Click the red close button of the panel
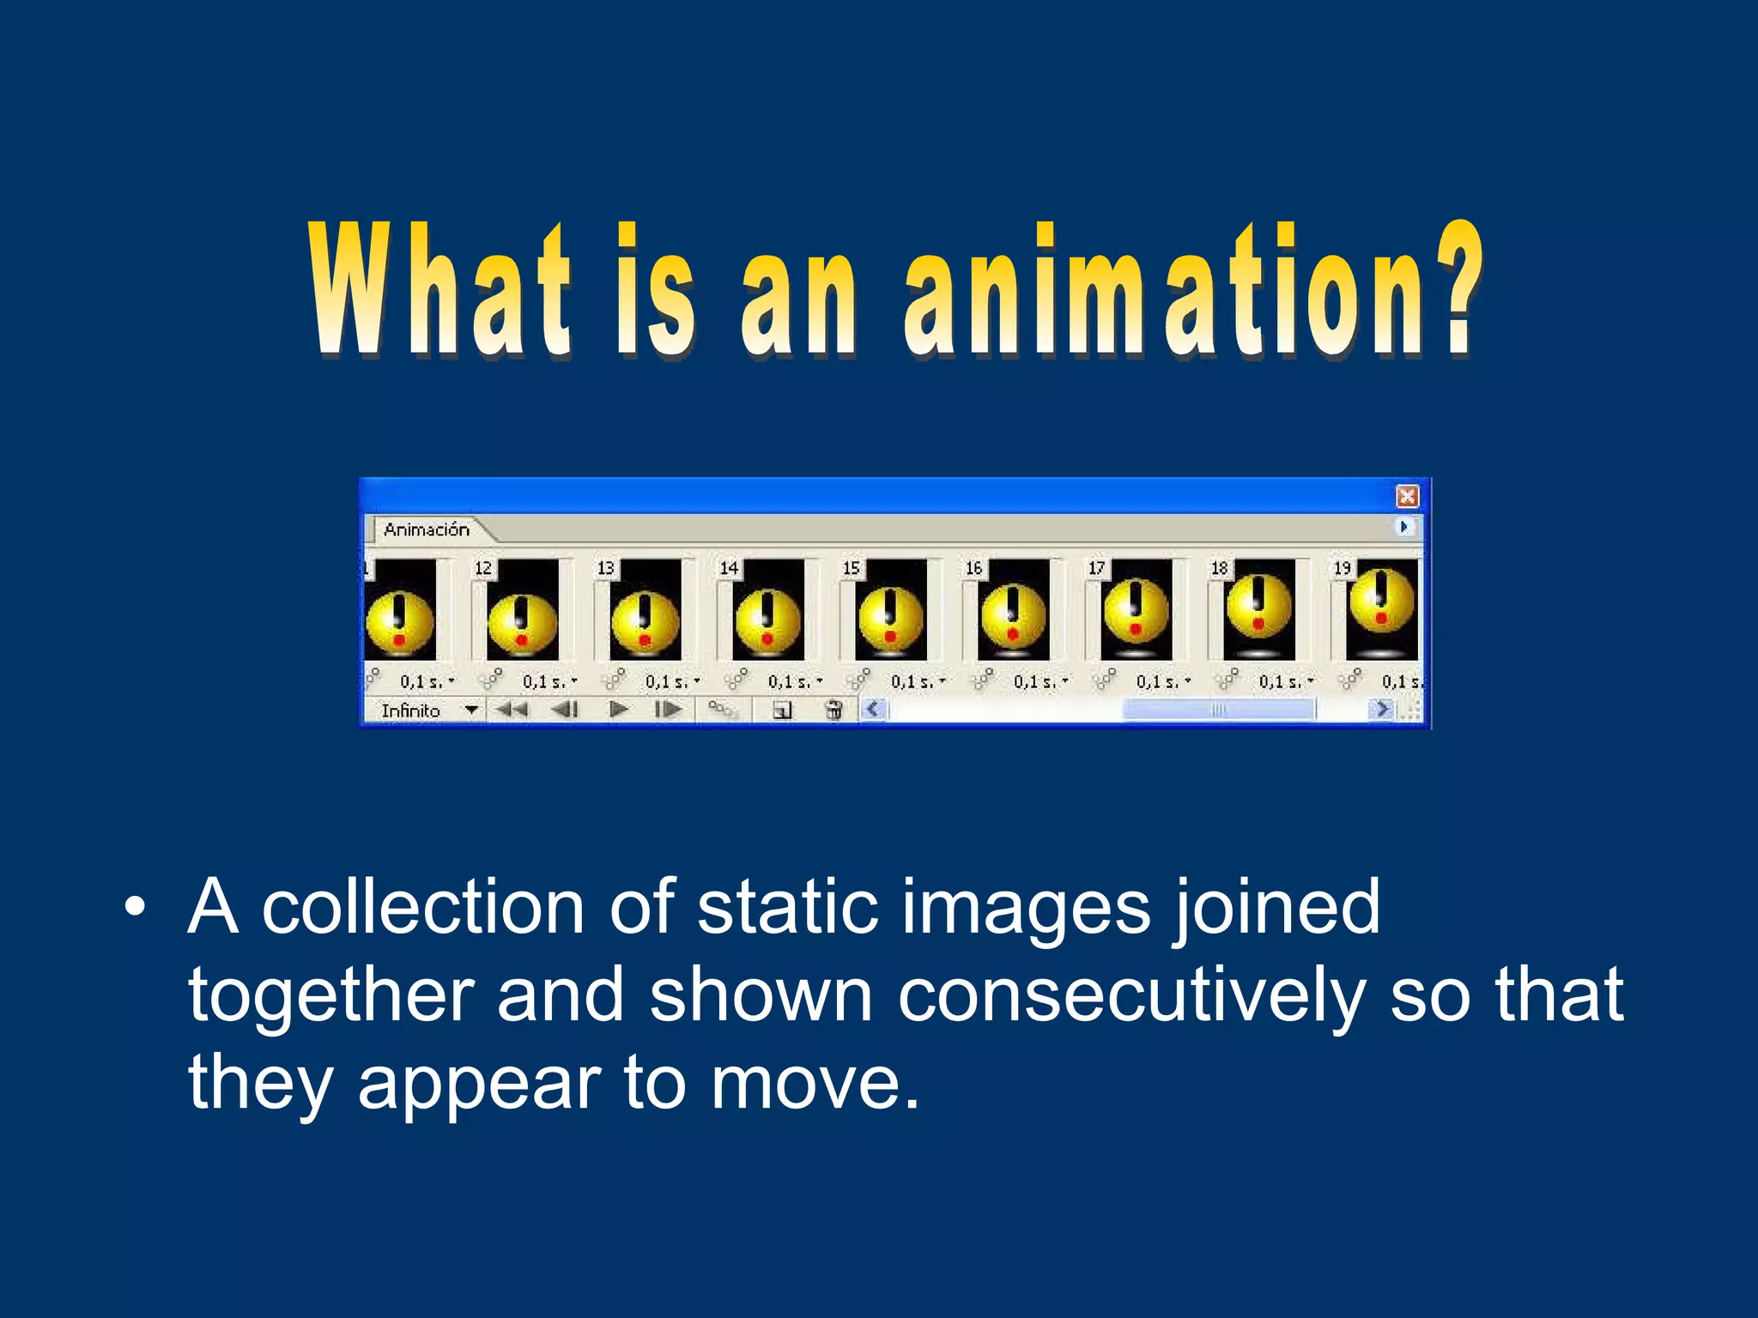pyautogui.click(x=1407, y=496)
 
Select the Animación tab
pyautogui.click(x=427, y=529)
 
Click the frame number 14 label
pyautogui.click(x=729, y=568)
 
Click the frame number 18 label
pyautogui.click(x=1220, y=568)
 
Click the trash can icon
pyautogui.click(x=833, y=710)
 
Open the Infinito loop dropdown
pyautogui.click(x=470, y=710)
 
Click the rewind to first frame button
pyautogui.click(x=512, y=710)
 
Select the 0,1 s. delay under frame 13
pyautogui.click(x=668, y=682)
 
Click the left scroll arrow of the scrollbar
pyautogui.click(x=873, y=709)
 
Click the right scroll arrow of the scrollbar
pyautogui.click(x=1381, y=709)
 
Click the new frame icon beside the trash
pyautogui.click(x=781, y=710)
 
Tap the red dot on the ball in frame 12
pyautogui.click(x=521, y=640)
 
